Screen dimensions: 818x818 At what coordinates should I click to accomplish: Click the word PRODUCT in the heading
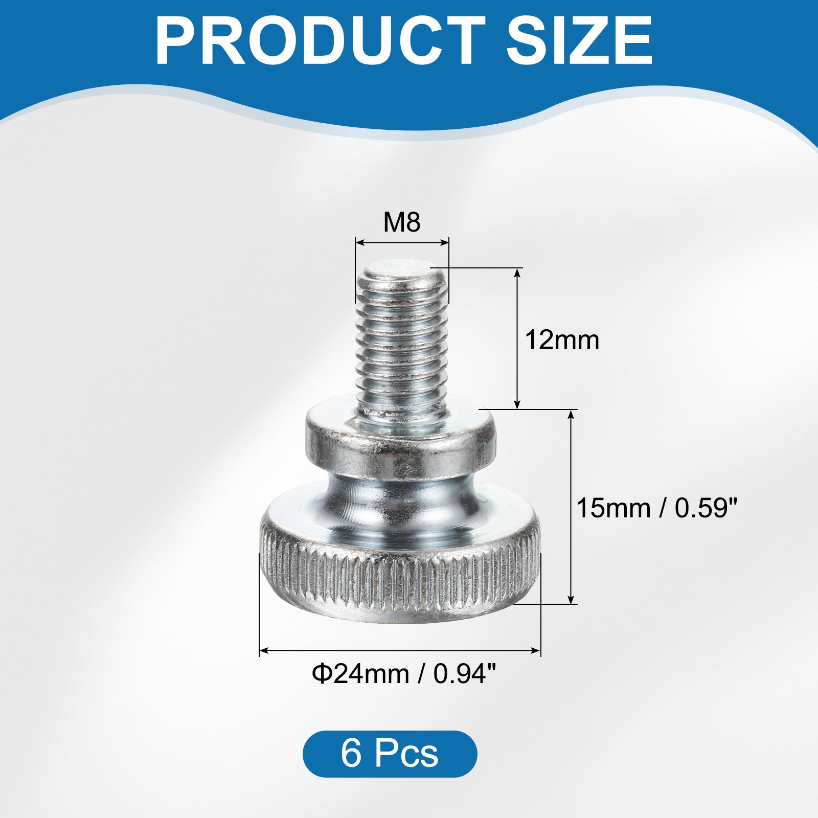coord(320,41)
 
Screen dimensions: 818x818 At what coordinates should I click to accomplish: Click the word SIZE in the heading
coord(580,41)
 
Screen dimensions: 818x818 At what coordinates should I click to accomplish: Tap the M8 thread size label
coord(402,222)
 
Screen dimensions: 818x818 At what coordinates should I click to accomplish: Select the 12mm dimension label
coord(562,340)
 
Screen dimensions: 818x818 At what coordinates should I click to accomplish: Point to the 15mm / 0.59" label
coord(657,508)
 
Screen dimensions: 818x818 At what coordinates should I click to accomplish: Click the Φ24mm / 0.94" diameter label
coord(404,674)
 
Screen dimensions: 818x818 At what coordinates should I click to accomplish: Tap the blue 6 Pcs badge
coord(390,754)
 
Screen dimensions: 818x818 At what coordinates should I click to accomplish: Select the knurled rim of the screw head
coord(399,578)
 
